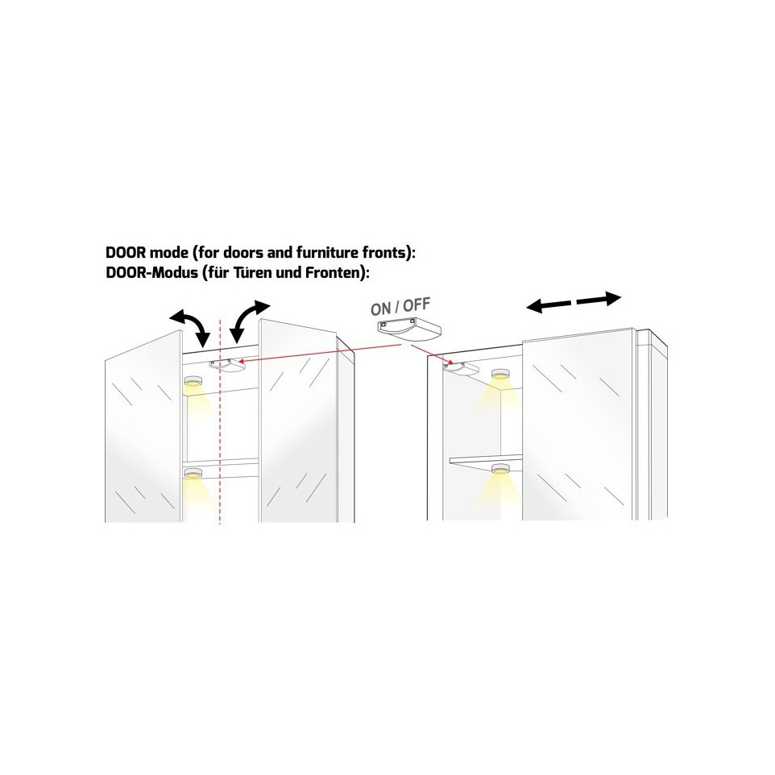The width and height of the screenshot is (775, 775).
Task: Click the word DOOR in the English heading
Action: coord(126,253)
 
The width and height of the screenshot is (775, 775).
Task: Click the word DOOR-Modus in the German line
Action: coord(151,272)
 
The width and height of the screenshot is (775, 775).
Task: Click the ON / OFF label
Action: coord(400,306)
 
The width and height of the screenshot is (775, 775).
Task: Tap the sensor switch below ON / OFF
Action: coord(408,329)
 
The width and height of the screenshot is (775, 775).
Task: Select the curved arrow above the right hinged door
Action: coord(251,320)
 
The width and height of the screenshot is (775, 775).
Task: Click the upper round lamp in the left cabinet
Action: coord(193,381)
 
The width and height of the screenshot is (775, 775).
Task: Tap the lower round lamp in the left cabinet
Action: coord(193,473)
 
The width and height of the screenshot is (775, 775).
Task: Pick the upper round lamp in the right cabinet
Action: coord(500,374)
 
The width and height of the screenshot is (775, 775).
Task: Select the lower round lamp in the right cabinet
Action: coord(500,470)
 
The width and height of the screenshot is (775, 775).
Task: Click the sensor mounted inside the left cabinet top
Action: coord(227,365)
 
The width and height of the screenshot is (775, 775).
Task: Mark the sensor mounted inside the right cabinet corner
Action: coord(460,367)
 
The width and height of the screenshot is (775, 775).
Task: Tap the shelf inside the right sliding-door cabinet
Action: coord(485,459)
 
